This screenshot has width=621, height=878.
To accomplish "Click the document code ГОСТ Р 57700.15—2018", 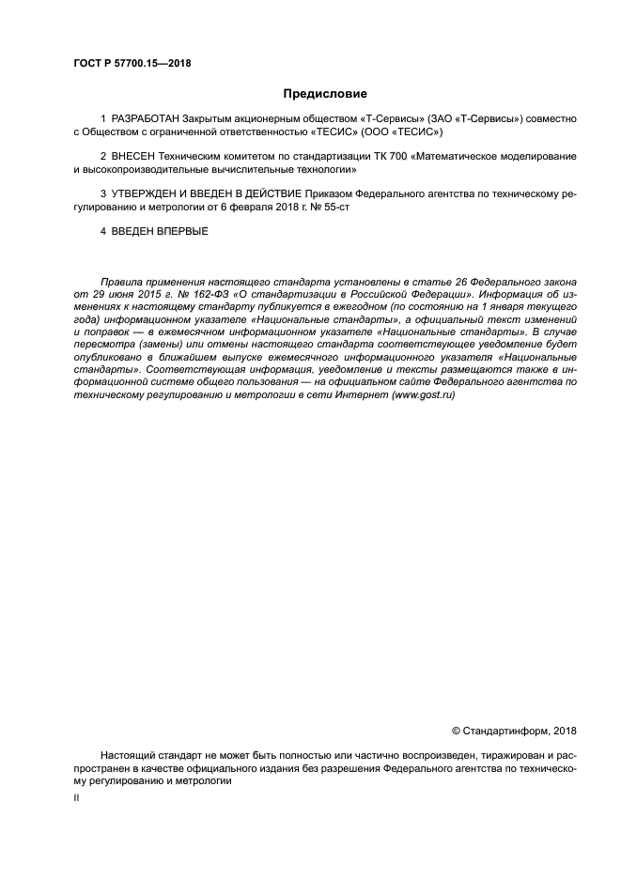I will click(132, 63).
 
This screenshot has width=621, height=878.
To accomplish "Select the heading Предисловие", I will click(325, 94).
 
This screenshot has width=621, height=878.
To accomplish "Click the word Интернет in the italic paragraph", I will click(349, 396).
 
